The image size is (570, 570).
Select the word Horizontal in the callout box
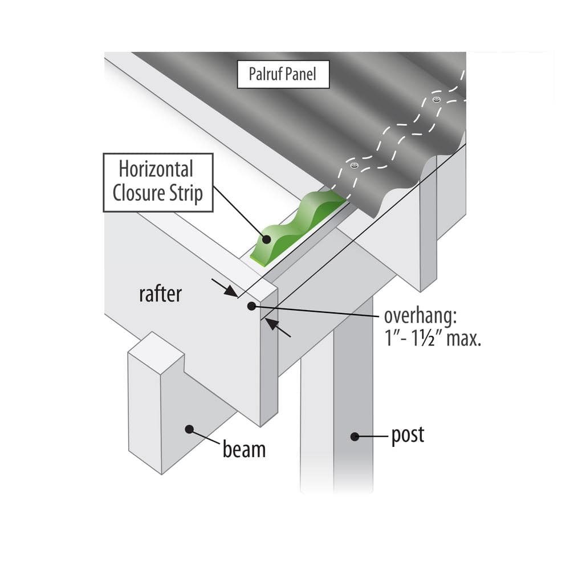(x=156, y=169)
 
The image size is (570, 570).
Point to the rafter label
(x=160, y=294)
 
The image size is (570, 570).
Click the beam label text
(x=244, y=449)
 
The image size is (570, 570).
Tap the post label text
(x=408, y=435)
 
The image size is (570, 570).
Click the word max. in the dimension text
(x=462, y=340)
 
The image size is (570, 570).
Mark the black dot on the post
(x=354, y=437)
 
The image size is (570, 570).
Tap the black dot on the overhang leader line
(x=251, y=306)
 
